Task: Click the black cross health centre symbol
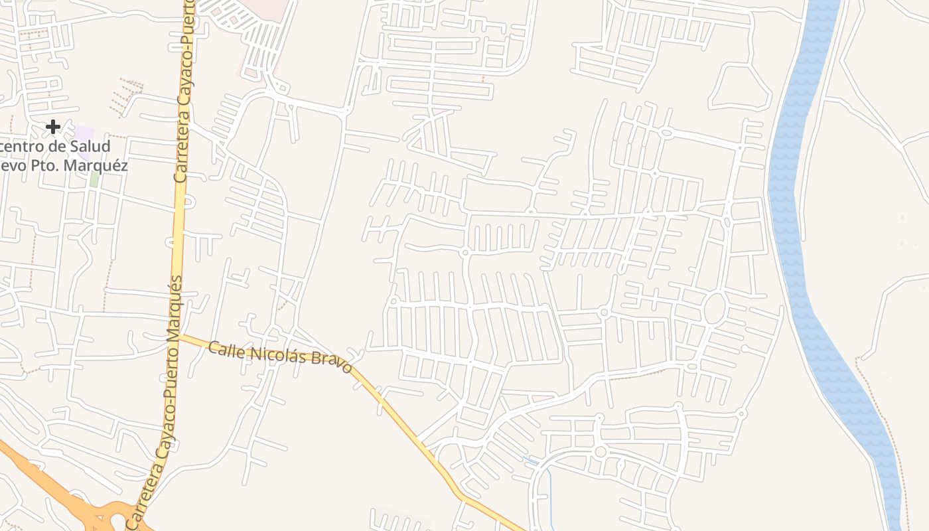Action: coord(53,126)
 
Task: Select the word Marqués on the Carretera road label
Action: coord(174,306)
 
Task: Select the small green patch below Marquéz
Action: coord(94,179)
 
